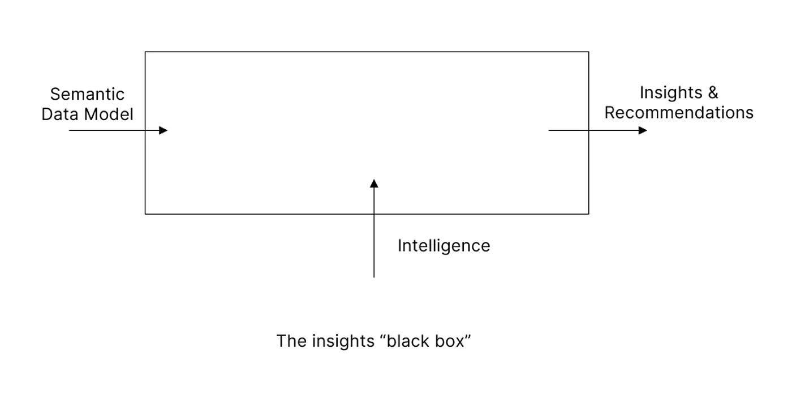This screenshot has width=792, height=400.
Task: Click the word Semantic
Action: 87,94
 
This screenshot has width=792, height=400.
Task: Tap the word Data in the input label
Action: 59,114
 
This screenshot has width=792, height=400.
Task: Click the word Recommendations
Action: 679,112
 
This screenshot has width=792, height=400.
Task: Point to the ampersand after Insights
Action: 712,92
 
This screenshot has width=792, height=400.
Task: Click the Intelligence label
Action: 444,246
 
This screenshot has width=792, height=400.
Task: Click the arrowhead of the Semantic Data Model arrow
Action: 163,130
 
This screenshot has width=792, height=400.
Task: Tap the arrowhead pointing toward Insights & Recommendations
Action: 643,130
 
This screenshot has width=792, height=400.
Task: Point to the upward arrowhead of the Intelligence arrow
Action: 374,183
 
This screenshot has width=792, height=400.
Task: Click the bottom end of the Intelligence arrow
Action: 374,276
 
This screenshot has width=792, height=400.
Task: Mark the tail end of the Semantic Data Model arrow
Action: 70,130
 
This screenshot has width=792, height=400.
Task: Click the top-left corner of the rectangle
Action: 145,52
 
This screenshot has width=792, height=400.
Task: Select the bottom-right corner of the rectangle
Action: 588,214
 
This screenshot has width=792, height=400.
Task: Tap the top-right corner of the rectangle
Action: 588,52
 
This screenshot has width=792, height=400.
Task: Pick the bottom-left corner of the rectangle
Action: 145,214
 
